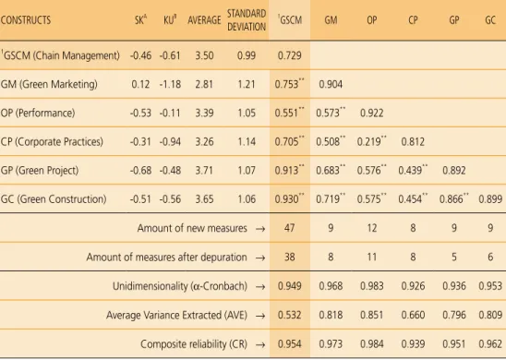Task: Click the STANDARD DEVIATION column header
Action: click(x=247, y=20)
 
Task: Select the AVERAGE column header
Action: click(x=204, y=20)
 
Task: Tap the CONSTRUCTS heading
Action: click(x=26, y=20)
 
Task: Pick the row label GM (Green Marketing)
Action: click(x=49, y=85)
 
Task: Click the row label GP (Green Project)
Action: click(x=40, y=171)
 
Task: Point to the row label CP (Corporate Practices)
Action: click(x=52, y=142)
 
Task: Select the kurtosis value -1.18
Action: click(x=170, y=85)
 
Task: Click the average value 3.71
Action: click(x=204, y=171)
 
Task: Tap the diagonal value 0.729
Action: click(x=289, y=55)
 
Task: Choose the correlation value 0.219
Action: click(x=370, y=142)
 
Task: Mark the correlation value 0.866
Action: click(x=452, y=199)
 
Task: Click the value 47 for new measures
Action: click(x=289, y=228)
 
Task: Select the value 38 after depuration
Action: click(x=289, y=258)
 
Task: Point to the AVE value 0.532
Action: click(x=289, y=315)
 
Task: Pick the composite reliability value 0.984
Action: click(x=372, y=344)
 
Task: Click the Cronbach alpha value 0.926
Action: click(x=413, y=286)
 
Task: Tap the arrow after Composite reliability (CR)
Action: click(x=260, y=345)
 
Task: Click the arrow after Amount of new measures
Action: click(x=260, y=229)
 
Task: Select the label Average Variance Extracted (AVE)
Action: click(x=176, y=315)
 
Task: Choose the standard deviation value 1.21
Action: click(x=247, y=85)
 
